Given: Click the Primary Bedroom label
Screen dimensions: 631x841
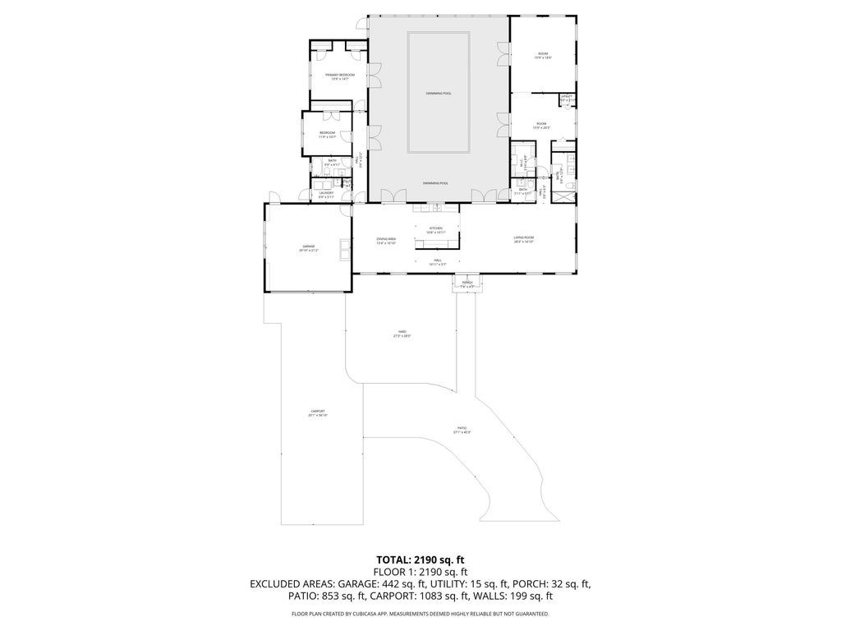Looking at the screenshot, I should tap(334, 76).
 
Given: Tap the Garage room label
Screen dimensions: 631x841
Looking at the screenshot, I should tap(309, 247).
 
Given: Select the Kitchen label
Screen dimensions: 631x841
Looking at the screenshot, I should tap(435, 230).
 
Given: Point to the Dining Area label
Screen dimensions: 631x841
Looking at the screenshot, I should tap(386, 241).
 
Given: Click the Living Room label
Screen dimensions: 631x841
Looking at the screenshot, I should tap(524, 240).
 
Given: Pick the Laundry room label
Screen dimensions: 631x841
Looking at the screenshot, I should tap(326, 195).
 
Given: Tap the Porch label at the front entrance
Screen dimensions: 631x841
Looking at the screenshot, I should tap(467, 284).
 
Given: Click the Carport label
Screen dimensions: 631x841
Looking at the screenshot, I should tap(318, 413).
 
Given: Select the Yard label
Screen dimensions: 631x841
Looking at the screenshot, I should tap(402, 334).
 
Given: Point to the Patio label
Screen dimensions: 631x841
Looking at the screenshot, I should tap(462, 430).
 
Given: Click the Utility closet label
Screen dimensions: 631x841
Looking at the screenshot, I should tap(567, 98).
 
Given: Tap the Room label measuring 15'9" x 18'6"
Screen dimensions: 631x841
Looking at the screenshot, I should tap(542, 56).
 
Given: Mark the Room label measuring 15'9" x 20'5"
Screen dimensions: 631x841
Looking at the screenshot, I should tap(540, 126).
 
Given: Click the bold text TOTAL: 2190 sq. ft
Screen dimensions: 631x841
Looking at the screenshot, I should tap(420, 560).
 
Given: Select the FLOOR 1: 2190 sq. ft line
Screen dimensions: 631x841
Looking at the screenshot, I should tap(420, 572).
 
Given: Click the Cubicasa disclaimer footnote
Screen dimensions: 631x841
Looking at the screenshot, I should tap(420, 614).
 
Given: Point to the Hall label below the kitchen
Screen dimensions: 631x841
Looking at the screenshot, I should tap(437, 262).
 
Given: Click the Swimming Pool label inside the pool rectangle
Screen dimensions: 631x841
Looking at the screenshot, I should tap(439, 94).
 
